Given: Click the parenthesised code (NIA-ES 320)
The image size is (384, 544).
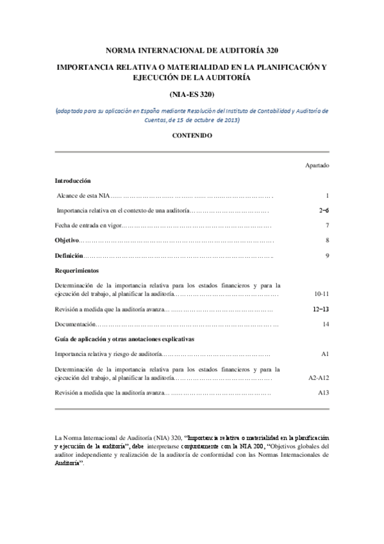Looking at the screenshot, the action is tap(192, 94).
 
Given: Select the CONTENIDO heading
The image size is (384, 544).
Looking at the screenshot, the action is tap(192, 135).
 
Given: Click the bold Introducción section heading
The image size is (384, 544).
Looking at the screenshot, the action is tap(72, 181).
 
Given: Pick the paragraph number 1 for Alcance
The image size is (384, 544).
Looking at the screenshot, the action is tap(327, 195).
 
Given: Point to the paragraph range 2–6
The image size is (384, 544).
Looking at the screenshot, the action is tap(324, 210).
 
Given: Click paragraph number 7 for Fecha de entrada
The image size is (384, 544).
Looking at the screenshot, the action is tap(327, 225).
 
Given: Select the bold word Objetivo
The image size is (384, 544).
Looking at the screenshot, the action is tap(67, 241).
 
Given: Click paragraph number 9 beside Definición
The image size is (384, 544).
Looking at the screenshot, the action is tap(327, 255).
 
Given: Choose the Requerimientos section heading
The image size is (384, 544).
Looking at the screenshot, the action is tap(77, 270).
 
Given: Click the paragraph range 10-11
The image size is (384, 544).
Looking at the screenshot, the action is tap(322, 293).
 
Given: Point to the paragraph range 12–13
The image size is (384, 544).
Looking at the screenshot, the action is tap(321, 309).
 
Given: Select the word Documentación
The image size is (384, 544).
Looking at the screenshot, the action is tap(76, 324).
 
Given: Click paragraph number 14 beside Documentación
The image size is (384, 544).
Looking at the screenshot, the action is tap(326, 324).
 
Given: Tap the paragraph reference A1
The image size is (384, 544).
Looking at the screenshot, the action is tap(325, 354).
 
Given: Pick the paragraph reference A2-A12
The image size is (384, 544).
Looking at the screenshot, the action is tap(319, 377).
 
